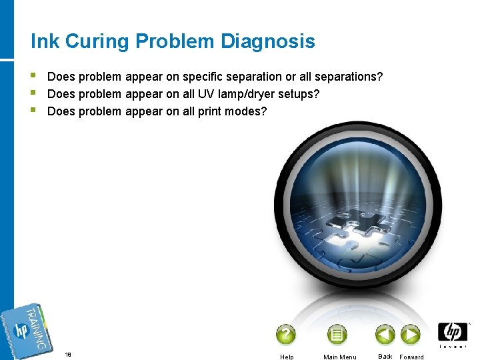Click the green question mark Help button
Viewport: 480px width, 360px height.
pyautogui.click(x=286, y=335)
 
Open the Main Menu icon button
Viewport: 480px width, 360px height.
pyautogui.click(x=337, y=335)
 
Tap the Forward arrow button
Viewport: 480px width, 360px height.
pyautogui.click(x=411, y=334)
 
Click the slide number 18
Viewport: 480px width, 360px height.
pyautogui.click(x=68, y=355)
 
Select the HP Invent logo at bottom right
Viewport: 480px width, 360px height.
pyautogui.click(x=453, y=334)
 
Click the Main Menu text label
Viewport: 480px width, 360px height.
pyautogui.click(x=339, y=357)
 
